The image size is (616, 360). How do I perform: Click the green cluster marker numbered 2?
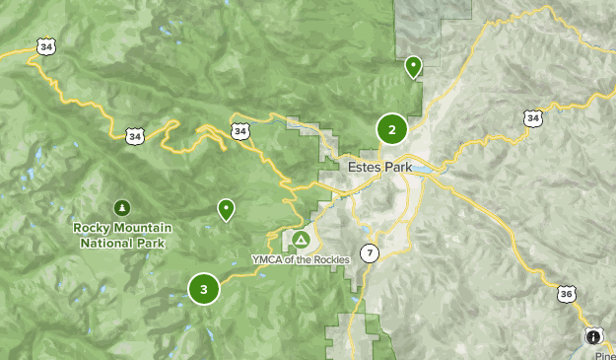pyautogui.click(x=392, y=129)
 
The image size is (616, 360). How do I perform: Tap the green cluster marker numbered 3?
pyautogui.click(x=203, y=289)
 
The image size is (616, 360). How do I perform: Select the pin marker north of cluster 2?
pyautogui.click(x=414, y=66)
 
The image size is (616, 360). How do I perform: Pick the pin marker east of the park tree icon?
pyautogui.click(x=227, y=208)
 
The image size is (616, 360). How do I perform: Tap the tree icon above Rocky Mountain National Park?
pyautogui.click(x=122, y=208)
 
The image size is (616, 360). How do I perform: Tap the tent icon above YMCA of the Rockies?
pyautogui.click(x=301, y=240)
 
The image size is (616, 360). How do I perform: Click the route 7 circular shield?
pyautogui.click(x=369, y=252)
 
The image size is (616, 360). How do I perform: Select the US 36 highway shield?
pyautogui.click(x=565, y=293)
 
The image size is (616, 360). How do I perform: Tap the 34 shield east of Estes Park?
pyautogui.click(x=533, y=118)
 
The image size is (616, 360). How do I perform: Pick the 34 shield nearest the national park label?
pyautogui.click(x=134, y=136)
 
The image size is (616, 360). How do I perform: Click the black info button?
pyautogui.click(x=594, y=336)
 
